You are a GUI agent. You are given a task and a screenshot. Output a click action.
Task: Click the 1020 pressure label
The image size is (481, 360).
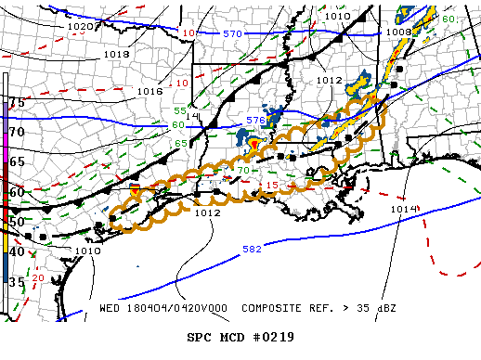[81, 27]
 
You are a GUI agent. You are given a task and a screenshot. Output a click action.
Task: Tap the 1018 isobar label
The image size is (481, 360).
[116, 55]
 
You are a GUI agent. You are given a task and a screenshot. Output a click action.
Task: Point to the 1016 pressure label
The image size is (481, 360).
[149, 91]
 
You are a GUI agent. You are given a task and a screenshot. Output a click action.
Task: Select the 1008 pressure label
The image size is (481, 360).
[399, 32]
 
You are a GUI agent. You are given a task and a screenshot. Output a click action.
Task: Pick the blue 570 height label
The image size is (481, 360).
[232, 33]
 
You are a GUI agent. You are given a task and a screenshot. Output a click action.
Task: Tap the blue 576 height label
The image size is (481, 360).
[256, 122]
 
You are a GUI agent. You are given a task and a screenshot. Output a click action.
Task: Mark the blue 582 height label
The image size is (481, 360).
[251, 250]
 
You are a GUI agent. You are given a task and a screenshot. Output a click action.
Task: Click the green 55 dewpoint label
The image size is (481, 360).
[180, 111]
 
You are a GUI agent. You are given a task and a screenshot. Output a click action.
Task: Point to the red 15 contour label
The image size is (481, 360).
[272, 186]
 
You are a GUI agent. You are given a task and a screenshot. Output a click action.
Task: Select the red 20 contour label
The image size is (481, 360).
[38, 277]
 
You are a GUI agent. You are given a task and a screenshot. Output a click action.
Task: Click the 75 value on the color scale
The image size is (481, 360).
[16, 101]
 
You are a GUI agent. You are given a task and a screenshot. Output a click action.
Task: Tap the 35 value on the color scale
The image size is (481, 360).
[16, 281]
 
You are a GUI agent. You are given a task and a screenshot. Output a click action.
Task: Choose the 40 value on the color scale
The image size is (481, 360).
[16, 251]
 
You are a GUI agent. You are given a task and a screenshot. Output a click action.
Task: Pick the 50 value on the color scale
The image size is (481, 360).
[16, 222]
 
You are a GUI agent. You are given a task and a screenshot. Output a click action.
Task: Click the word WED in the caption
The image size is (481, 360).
[109, 307]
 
